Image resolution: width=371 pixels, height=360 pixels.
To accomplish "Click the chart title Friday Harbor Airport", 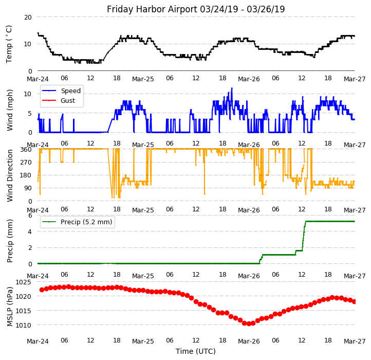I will point(196,9).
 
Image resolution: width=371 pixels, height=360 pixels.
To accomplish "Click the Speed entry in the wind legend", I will point(70,91).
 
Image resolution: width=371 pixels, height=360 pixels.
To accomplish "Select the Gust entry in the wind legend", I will point(68,101).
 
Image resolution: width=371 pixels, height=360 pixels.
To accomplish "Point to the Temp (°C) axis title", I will point(9,44).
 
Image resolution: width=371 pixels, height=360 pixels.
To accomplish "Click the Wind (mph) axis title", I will point(10,110).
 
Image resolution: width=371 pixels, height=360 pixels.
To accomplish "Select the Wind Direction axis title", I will point(10,174).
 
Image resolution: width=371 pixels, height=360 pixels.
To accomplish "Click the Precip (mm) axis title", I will point(10,240).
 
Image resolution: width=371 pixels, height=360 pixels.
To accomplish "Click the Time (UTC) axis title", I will point(196,351).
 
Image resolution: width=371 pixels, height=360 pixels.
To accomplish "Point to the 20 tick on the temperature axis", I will point(27,17).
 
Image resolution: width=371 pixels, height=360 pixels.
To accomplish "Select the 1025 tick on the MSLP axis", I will point(23,282).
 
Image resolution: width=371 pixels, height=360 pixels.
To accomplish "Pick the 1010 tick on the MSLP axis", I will point(23,325).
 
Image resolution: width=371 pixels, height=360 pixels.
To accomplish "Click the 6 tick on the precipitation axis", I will point(30,215).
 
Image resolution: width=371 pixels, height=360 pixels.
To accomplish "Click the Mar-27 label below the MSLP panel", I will point(355,340).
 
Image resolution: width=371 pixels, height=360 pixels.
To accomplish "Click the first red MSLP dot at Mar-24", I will point(42,290).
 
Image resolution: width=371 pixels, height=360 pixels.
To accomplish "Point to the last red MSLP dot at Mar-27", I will point(354,301).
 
